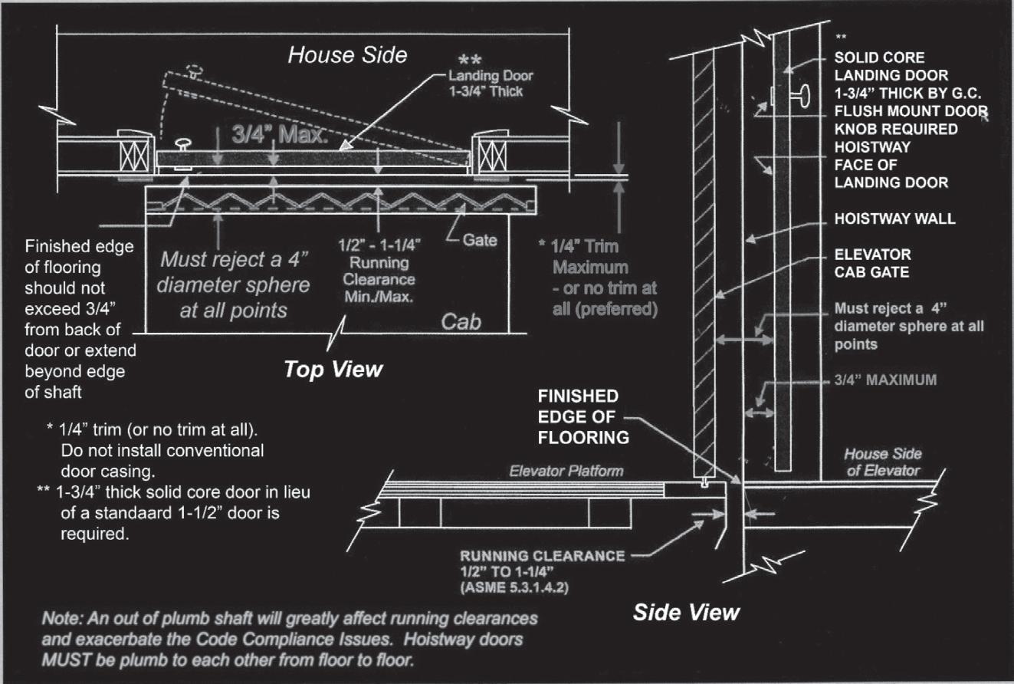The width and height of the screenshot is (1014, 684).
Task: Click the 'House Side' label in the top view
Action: [347, 54]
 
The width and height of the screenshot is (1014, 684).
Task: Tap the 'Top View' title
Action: [333, 369]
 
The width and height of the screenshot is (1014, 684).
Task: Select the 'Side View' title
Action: [686, 611]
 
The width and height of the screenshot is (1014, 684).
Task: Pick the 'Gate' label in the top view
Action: [481, 240]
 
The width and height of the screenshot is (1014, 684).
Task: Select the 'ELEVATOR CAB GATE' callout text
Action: [872, 262]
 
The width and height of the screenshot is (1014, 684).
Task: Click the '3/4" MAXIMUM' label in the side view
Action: [884, 380]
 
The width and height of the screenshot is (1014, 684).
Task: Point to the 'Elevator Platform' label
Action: [566, 471]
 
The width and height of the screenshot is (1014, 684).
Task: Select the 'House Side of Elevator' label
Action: [882, 462]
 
